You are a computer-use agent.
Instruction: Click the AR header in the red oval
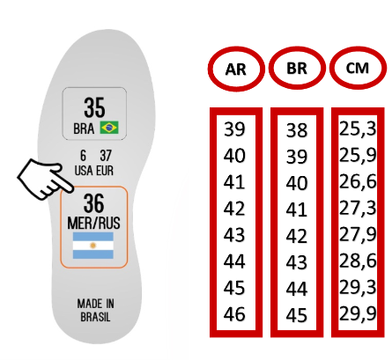tap(236, 70)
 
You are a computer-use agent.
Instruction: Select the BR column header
tap(297, 69)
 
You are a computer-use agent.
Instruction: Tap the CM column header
tap(358, 68)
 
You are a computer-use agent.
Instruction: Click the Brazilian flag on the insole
tap(109, 128)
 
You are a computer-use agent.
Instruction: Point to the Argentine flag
tap(93, 246)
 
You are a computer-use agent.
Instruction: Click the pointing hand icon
tap(45, 179)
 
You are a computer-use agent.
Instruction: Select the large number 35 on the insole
tap(94, 107)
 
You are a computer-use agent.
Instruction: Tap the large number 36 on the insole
tap(93, 203)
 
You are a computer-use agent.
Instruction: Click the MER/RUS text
tap(93, 223)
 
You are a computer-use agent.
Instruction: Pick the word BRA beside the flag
tap(84, 129)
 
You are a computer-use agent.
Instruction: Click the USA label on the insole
tap(84, 171)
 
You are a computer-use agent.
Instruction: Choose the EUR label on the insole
tap(105, 171)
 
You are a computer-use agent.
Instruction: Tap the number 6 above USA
tap(84, 156)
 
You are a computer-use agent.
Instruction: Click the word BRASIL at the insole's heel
tap(95, 317)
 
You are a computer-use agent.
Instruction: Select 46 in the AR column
tap(234, 314)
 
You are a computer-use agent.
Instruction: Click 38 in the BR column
tap(297, 130)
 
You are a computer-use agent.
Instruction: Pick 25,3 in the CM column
tap(358, 129)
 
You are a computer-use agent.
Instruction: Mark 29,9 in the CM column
tap(358, 313)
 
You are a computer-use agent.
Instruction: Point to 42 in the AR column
tap(234, 209)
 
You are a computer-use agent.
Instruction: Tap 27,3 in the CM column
tap(358, 208)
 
